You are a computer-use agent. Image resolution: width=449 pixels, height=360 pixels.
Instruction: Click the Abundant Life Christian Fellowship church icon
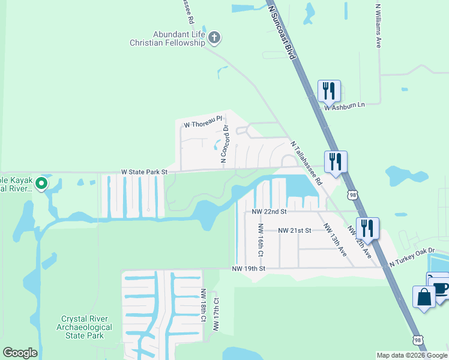[214, 39]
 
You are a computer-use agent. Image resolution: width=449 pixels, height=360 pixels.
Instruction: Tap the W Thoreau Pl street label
[203, 124]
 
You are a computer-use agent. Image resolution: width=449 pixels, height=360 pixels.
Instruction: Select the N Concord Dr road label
[224, 144]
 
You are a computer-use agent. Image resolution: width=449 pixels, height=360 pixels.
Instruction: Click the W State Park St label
[143, 172]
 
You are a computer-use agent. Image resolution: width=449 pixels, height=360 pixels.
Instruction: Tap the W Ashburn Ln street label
[345, 106]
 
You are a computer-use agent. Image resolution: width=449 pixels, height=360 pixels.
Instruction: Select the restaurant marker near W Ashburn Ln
[328, 91]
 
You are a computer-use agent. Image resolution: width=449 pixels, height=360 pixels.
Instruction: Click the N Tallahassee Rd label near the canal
[306, 163]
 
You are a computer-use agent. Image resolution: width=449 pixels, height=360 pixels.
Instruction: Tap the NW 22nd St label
[270, 212]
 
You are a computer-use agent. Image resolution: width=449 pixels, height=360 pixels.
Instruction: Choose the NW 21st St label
[294, 230]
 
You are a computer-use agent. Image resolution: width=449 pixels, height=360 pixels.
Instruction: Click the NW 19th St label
[249, 268]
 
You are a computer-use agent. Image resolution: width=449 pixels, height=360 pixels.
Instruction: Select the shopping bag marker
[424, 297]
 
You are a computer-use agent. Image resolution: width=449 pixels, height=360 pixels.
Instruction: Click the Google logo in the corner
[19, 353]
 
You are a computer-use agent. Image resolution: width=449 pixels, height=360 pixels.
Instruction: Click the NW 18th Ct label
[203, 307]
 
